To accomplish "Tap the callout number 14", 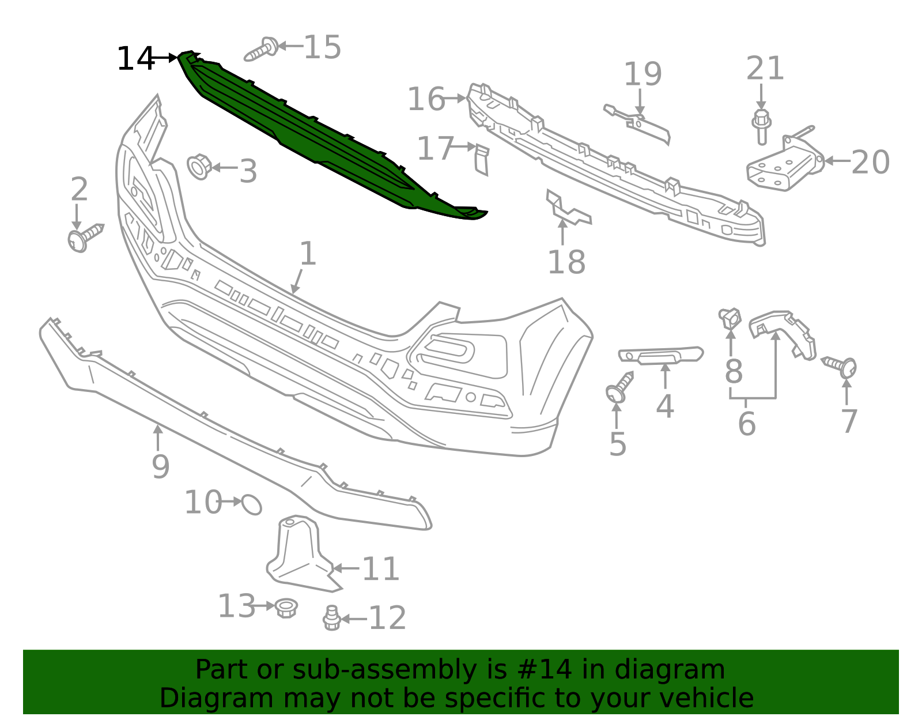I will [x=135, y=59].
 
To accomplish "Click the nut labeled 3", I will [x=199, y=167].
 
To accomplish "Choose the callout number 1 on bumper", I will [x=308, y=254].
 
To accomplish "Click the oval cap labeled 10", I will [x=252, y=504].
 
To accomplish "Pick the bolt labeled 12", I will [x=331, y=618].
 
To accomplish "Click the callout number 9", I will [x=160, y=466].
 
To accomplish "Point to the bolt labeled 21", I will [x=761, y=126].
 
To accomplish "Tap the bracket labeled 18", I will [x=568, y=210].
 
